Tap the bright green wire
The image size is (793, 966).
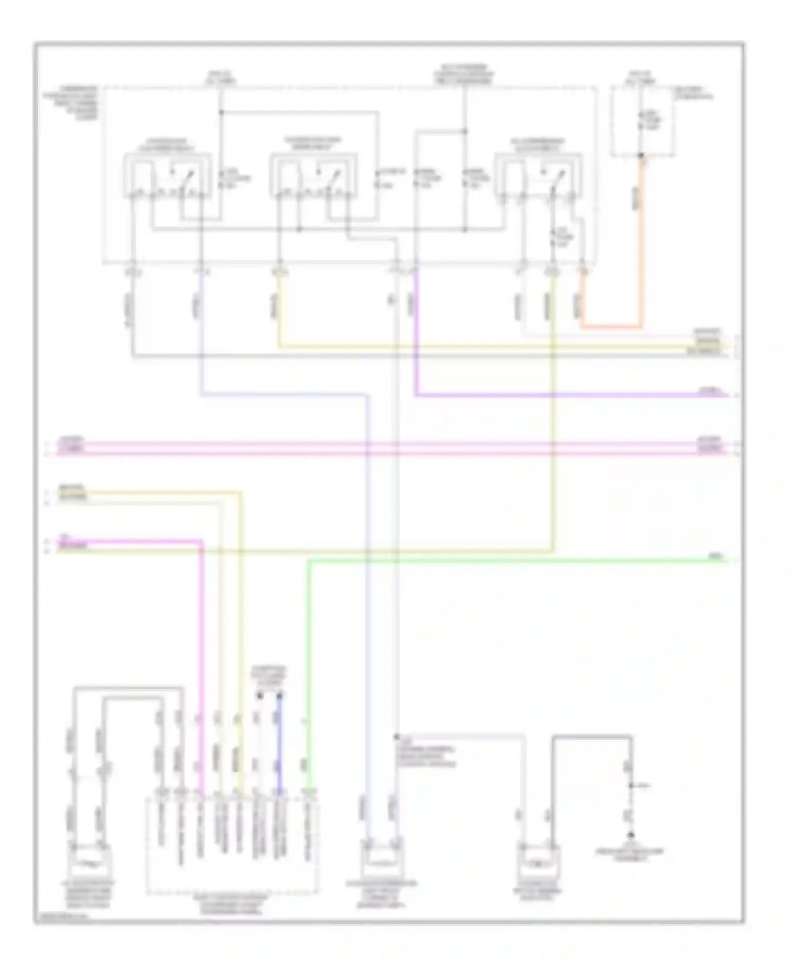coord(476,561)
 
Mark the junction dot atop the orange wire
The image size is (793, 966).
coord(642,156)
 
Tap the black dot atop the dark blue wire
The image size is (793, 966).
coord(280,695)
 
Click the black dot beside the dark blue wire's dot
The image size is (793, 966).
coord(260,695)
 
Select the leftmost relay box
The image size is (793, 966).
coord(168,176)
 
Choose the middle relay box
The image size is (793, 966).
coord(314,176)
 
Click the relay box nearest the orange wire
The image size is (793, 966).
coord(538,176)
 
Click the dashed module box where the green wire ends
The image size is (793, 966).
coord(233,846)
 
